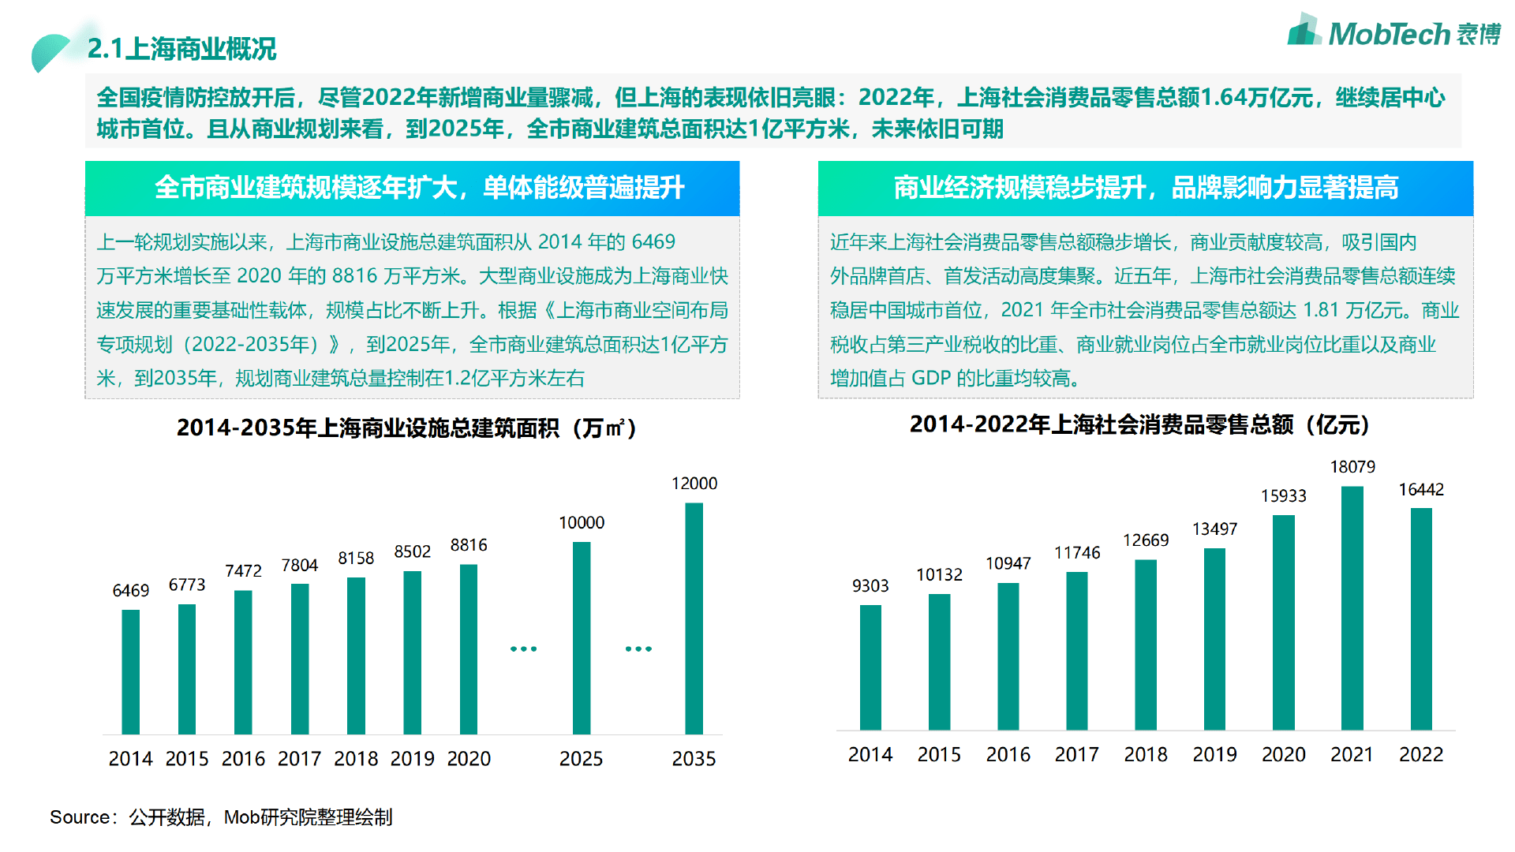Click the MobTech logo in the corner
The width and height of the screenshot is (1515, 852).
tap(1393, 32)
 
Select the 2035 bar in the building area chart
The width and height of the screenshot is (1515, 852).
tap(694, 618)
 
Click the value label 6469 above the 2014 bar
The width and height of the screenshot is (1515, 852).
tap(131, 590)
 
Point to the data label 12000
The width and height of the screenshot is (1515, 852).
tap(694, 484)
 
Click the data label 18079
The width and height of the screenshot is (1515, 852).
tap(1352, 467)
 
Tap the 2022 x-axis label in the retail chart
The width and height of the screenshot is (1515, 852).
tap(1420, 755)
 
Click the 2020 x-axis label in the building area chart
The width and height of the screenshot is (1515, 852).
tap(469, 759)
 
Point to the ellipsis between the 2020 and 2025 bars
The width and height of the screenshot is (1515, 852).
tap(523, 648)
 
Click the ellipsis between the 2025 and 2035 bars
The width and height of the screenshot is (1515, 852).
tap(638, 648)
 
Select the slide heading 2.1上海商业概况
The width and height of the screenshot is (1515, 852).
tap(181, 49)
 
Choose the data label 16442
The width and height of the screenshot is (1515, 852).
tap(1421, 490)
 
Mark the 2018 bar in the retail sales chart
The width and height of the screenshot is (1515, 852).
tap(1146, 645)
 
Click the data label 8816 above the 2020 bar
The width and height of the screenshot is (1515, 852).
tap(469, 545)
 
